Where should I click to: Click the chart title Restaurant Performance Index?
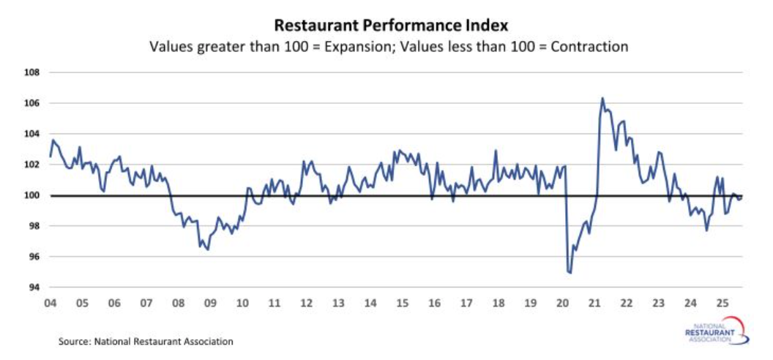tap(389, 26)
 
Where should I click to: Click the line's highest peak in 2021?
tap(602, 98)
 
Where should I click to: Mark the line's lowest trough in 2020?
tap(570, 273)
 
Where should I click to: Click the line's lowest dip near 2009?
tap(208, 250)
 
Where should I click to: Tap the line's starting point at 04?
tap(50, 156)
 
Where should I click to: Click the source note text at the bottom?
tap(146, 341)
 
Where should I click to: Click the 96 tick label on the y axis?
tap(32, 257)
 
